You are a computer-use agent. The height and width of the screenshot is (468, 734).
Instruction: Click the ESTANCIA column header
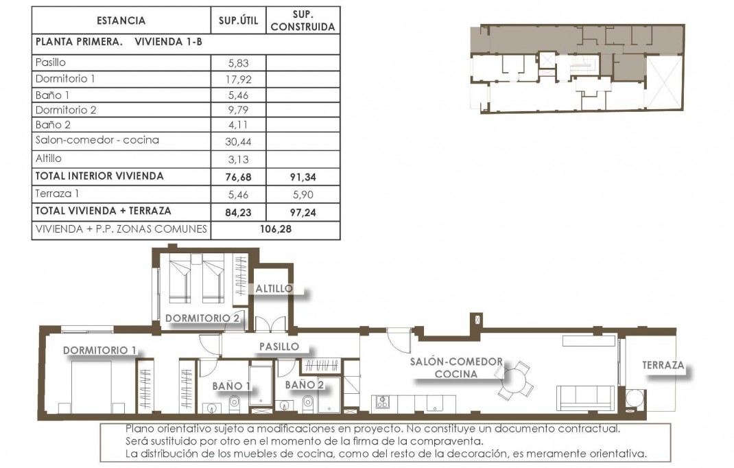pyautogui.click(x=121, y=21)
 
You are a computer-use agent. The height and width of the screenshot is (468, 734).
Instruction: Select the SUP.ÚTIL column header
pyautogui.click(x=238, y=21)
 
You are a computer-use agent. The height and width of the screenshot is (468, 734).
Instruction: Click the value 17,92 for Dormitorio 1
pyautogui.click(x=237, y=79)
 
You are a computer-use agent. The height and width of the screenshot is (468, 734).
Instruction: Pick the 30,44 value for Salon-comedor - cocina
pyautogui.click(x=237, y=141)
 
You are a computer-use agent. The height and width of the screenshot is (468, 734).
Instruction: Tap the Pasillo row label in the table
pyautogui.click(x=50, y=62)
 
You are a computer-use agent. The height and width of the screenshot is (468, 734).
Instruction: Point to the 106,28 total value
pyautogui.click(x=276, y=229)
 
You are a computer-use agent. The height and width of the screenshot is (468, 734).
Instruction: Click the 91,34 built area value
pyautogui.click(x=303, y=177)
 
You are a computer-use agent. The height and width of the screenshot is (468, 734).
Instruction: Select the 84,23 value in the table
pyautogui.click(x=237, y=211)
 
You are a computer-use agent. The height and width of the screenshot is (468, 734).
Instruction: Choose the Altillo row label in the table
pyautogui.click(x=48, y=159)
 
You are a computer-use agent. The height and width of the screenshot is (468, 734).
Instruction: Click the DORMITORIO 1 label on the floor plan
pyautogui.click(x=99, y=351)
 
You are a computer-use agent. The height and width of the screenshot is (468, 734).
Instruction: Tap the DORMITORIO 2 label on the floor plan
pyautogui.click(x=202, y=318)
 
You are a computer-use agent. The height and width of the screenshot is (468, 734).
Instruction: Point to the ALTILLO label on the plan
pyautogui.click(x=274, y=289)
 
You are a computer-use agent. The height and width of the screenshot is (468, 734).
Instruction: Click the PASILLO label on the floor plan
pyautogui.click(x=279, y=347)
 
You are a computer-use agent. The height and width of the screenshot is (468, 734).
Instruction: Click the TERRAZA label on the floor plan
pyautogui.click(x=663, y=365)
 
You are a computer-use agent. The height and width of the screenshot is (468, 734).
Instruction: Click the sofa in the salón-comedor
pyautogui.click(x=585, y=397)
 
